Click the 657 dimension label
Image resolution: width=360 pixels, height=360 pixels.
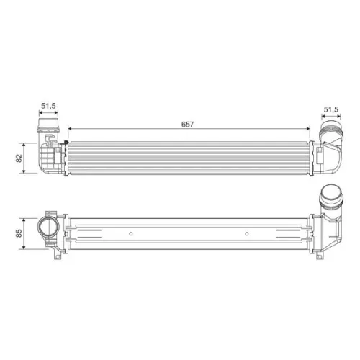click(x=187, y=125)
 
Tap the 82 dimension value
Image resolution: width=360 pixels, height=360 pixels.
click(x=19, y=158)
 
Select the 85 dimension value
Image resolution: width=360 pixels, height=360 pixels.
click(x=19, y=233)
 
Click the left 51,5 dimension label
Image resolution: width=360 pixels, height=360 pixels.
click(x=48, y=106)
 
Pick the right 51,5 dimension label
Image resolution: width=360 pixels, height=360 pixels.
click(x=331, y=109)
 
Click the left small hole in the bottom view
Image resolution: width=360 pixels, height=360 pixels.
click(x=131, y=233)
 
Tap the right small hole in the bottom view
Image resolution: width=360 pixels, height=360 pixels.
click(x=247, y=233)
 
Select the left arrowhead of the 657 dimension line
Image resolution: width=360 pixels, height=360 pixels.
click(x=70, y=129)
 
